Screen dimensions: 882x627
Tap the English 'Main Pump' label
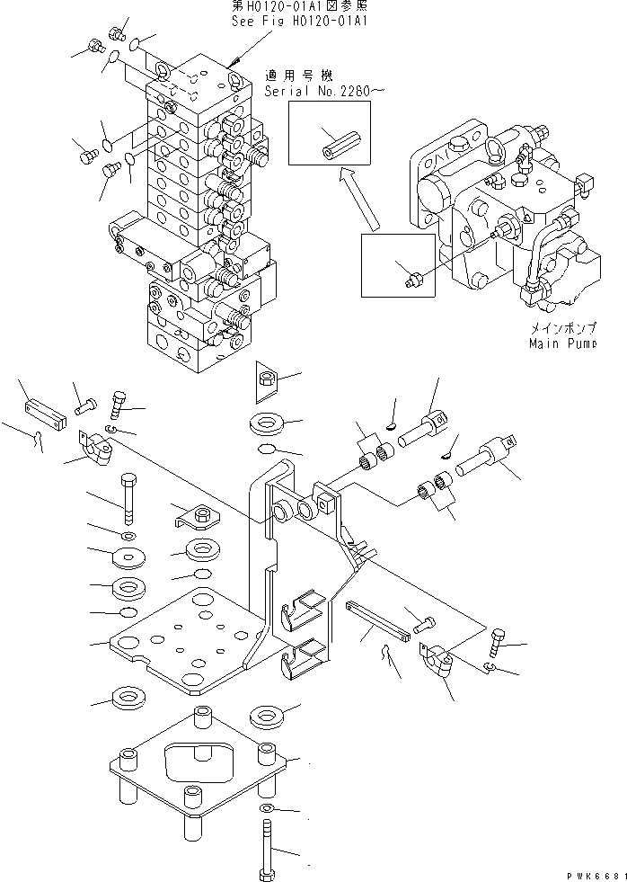coord(563,343)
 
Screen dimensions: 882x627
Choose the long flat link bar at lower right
coord(378,622)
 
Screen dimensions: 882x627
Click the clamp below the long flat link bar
coord(437,665)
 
